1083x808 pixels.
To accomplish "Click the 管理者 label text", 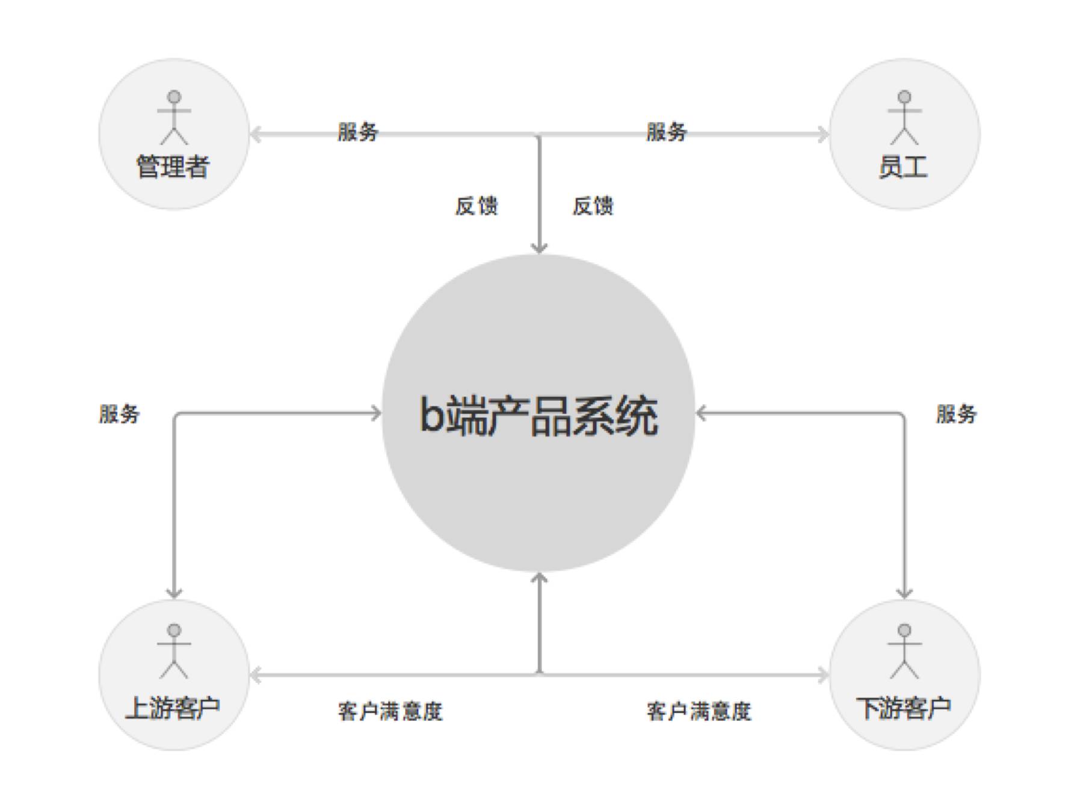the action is [173, 167].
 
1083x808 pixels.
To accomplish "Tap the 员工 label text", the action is [903, 167].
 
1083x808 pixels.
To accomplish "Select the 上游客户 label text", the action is [173, 708].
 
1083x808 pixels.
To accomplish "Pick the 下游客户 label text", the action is [903, 708].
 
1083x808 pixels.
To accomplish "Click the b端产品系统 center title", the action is [538, 415].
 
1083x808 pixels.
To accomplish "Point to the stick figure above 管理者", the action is [174, 118].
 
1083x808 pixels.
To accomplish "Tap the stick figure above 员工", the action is [904, 118].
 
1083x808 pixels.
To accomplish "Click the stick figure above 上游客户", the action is [174, 652].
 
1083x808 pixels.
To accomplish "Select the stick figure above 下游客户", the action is [904, 652].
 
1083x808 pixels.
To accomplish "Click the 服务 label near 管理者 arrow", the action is [358, 132].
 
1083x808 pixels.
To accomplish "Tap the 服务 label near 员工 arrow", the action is [667, 132].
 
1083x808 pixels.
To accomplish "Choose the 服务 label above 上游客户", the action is [119, 414].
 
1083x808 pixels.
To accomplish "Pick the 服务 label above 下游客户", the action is [956, 414].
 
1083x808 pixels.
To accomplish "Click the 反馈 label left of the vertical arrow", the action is [477, 206].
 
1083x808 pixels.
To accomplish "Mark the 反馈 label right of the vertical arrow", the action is [593, 206].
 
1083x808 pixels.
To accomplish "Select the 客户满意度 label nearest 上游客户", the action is [390, 711].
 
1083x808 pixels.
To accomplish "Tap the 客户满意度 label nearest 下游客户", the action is [699, 711].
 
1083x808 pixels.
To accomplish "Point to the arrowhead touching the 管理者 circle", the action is [255, 134].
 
